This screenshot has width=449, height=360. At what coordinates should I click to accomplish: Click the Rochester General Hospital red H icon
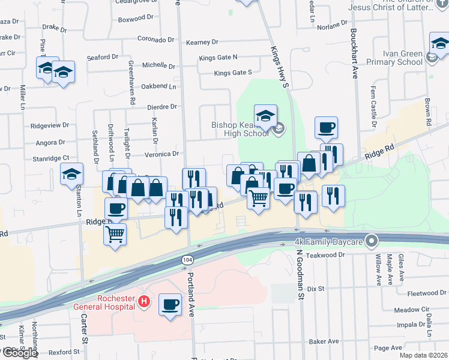pos(143,301)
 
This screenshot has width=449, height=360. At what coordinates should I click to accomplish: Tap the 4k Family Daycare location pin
pos(372,242)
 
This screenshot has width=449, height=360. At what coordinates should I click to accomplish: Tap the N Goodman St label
pos(300,272)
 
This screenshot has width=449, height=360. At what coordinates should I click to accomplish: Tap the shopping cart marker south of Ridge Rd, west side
pos(115,234)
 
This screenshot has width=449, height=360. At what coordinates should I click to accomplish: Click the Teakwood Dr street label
pos(324,254)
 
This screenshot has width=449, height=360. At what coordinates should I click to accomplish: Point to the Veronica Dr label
pos(162,154)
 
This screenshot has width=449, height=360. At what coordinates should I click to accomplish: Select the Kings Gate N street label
pos(218,57)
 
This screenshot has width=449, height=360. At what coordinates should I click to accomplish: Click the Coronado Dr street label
pos(155,40)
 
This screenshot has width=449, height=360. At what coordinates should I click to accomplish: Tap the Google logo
pos(19,352)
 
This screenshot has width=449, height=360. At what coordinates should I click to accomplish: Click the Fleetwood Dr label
pos(424,293)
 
